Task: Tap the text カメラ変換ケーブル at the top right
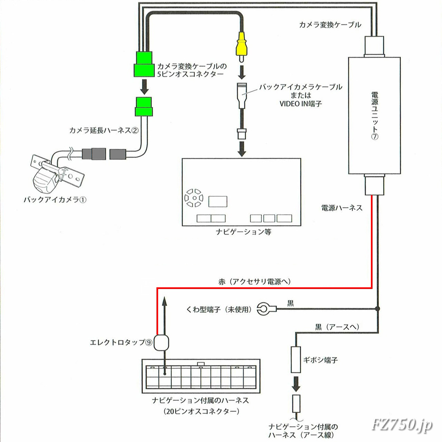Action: (330, 25)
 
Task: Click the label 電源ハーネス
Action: (342, 208)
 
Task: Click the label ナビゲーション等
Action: (243, 232)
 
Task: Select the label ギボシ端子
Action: (320, 360)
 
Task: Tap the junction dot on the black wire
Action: (378, 308)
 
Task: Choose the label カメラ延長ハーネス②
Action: (104, 130)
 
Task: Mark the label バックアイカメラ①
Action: (54, 200)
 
